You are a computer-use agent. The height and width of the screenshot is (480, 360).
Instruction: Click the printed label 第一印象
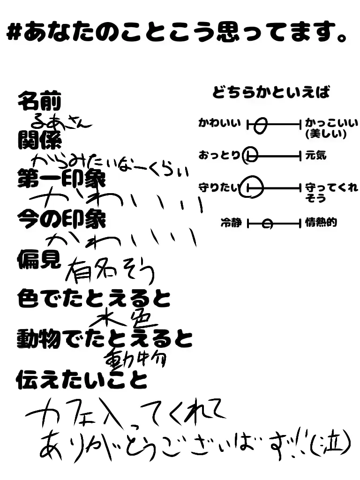point(61,180)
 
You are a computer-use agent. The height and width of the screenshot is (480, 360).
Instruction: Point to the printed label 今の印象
point(61,219)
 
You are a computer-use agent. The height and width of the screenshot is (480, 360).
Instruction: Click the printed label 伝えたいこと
point(82,380)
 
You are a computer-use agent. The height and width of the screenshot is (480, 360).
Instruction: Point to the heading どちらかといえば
point(271,92)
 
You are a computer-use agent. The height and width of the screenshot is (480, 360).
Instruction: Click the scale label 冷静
point(231,223)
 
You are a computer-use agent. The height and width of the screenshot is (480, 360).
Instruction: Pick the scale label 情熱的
point(321,223)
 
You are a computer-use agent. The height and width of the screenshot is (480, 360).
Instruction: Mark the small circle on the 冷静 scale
point(267,224)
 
